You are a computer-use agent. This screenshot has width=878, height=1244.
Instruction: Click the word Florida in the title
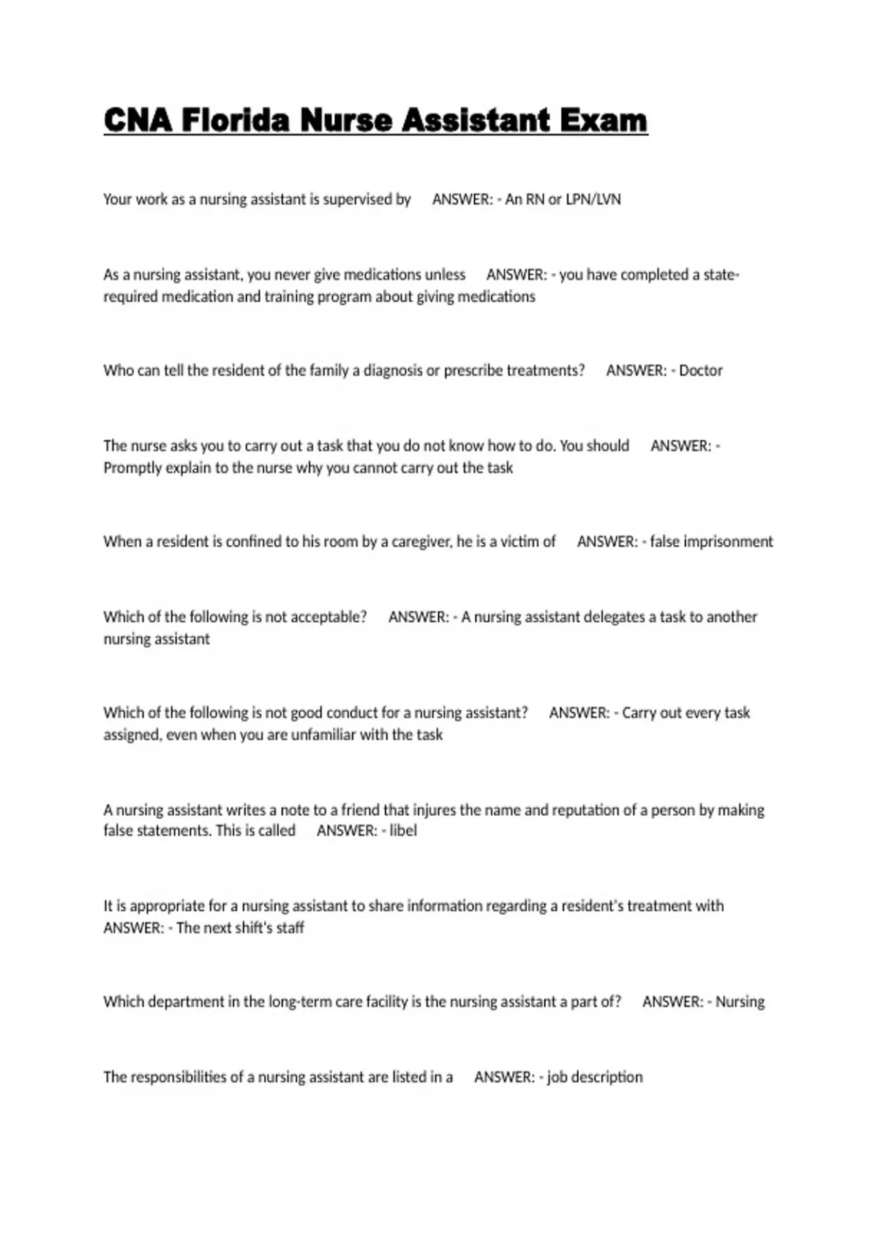pyautogui.click(x=235, y=121)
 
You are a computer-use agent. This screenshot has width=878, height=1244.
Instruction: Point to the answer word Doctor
pyautogui.click(x=700, y=370)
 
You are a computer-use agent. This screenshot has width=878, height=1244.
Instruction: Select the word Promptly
pyautogui.click(x=132, y=468)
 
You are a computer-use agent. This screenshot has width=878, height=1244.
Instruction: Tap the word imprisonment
pyautogui.click(x=728, y=542)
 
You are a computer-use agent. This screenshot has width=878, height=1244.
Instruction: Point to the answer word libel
pyautogui.click(x=403, y=831)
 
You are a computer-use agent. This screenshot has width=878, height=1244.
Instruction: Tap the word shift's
pyautogui.click(x=252, y=928)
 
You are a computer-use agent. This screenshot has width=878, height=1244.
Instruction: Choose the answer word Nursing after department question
pyautogui.click(x=740, y=1002)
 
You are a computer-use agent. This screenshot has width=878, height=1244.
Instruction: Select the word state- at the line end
pyautogui.click(x=721, y=275)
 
